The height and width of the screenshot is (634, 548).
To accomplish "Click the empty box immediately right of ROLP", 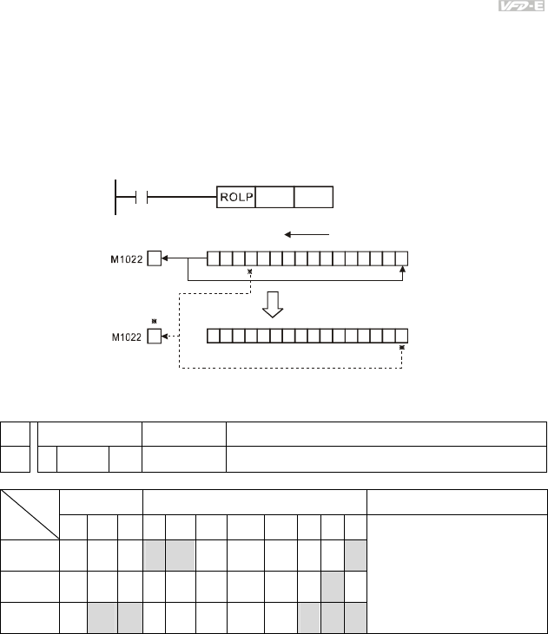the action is pyautogui.click(x=275, y=198).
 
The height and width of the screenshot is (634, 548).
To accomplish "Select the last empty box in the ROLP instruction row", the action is pyautogui.click(x=314, y=198).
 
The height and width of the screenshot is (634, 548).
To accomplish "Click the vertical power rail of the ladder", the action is pyautogui.click(x=116, y=198).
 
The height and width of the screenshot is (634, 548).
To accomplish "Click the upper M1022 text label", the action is pyautogui.click(x=124, y=258).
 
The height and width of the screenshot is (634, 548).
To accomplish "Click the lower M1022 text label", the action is pyautogui.click(x=124, y=336).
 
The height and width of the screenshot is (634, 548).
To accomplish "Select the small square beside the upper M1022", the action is pyautogui.click(x=154, y=258).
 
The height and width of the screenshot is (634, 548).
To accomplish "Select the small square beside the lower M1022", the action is pyautogui.click(x=154, y=336).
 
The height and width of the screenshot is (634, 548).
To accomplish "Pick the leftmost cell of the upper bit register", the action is pyautogui.click(x=213, y=258).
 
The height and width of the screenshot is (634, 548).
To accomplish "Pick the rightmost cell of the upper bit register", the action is pyautogui.click(x=401, y=258).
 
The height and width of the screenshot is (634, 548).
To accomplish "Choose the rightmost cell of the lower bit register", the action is pyautogui.click(x=401, y=336).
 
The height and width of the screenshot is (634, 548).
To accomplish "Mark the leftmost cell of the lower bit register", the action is pyautogui.click(x=213, y=336).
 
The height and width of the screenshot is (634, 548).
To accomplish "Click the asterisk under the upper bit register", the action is pyautogui.click(x=250, y=272).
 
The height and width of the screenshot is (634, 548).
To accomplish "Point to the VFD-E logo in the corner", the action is pyautogui.click(x=517, y=6).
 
